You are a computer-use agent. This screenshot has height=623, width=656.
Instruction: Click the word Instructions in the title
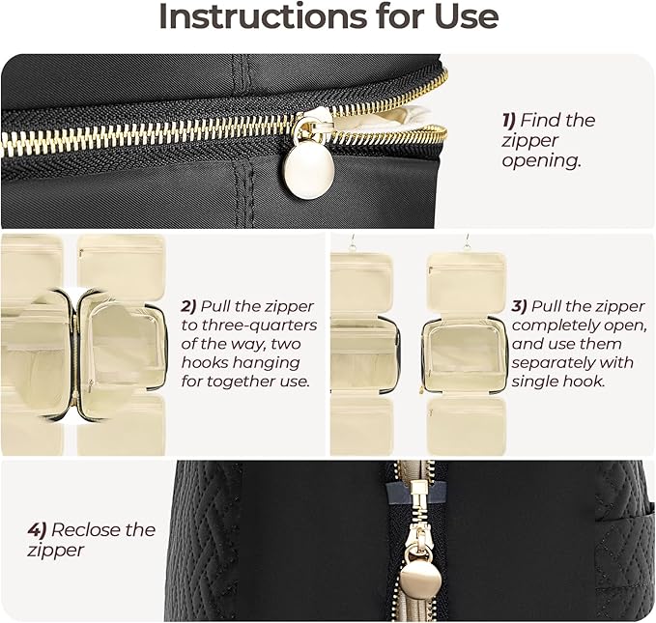pos(262,16)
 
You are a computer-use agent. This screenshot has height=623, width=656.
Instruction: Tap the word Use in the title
pos(466,16)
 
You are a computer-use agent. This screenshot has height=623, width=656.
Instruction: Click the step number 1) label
pos(509,121)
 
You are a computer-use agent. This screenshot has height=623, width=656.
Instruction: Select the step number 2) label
pos(188,306)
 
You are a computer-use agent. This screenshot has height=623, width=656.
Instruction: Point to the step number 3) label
pos(519,306)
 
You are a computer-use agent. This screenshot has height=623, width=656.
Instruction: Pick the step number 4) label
pos(37,530)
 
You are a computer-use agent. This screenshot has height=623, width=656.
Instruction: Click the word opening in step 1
pos(542,161)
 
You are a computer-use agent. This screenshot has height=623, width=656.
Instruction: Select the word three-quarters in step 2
pos(259,326)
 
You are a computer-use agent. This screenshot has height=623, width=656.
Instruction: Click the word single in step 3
pos(534,382)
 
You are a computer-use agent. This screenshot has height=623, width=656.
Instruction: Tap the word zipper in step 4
pos(56,551)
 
